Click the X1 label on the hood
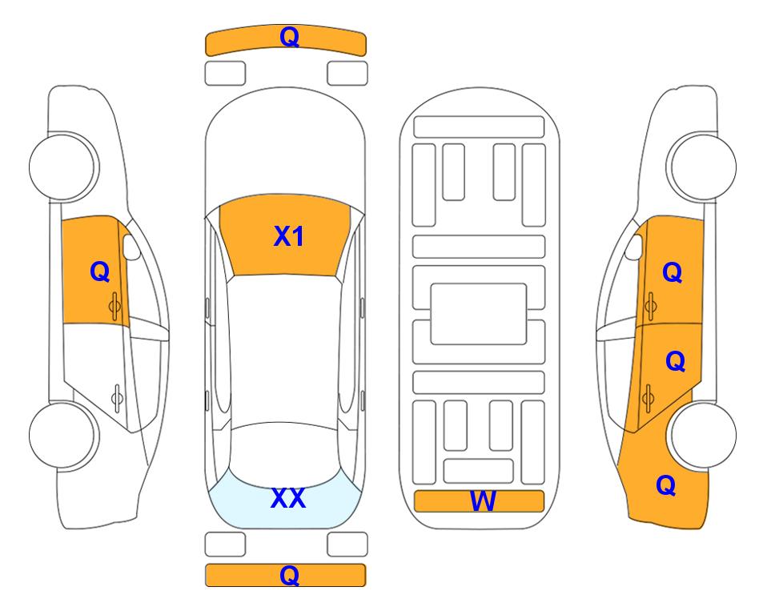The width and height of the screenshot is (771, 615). coord(289,236)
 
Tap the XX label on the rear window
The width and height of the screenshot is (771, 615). coord(288,498)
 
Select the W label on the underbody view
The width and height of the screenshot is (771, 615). coord(482,501)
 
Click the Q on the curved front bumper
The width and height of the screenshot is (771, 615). coord(290,37)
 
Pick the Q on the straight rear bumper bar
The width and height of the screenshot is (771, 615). coord(290,575)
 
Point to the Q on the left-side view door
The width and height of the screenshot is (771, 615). coord(100,271)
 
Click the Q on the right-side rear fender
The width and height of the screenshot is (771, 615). coord(666,485)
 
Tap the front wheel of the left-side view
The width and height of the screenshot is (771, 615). coord(62,167)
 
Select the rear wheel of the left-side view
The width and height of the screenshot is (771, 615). coord(62,436)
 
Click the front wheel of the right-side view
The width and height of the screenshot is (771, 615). coord(703,167)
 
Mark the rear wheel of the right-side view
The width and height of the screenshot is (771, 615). coord(704,436)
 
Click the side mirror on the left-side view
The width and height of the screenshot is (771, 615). coord(131,247)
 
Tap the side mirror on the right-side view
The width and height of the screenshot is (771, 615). coord(634,247)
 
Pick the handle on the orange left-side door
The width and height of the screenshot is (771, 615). coord(114,307)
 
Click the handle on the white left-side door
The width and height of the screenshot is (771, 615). coord(117,397)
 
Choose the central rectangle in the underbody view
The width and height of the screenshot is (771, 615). coord(479,314)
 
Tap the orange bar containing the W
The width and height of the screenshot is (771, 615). coord(479,501)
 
